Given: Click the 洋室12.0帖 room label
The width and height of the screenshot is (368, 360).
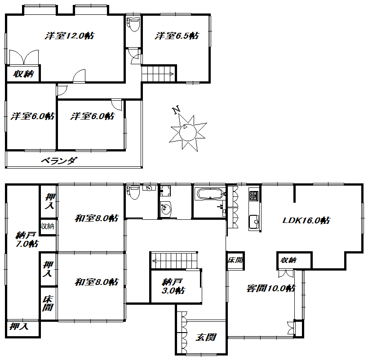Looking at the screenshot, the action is pyautogui.click(x=70, y=36).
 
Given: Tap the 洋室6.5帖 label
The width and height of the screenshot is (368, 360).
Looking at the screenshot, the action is pyautogui.click(x=177, y=36).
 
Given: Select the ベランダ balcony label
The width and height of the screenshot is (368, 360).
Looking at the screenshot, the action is pyautogui.click(x=59, y=161).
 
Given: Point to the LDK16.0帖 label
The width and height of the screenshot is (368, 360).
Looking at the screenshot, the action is pyautogui.click(x=306, y=220).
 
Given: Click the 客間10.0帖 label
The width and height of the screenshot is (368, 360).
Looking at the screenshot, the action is pyautogui.click(x=270, y=288).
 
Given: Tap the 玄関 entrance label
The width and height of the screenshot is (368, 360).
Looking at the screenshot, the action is pyautogui.click(x=206, y=337).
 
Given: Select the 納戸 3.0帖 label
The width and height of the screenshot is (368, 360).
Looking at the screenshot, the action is pyautogui.click(x=173, y=286).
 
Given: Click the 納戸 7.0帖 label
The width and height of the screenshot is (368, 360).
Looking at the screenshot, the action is pyautogui.click(x=27, y=240).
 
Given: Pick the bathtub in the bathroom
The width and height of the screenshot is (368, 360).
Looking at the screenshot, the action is pyautogui.click(x=210, y=194).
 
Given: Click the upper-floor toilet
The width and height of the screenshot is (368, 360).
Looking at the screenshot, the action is pyautogui.click(x=133, y=24).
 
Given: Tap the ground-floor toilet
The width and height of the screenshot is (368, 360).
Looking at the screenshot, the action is pyautogui.click(x=133, y=192).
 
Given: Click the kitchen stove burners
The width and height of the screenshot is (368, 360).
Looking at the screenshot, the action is pyautogui.click(x=254, y=196).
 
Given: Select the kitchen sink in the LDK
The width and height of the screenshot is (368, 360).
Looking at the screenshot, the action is pyautogui.click(x=254, y=222).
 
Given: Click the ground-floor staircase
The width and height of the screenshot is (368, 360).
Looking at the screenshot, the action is pyautogui.click(x=174, y=260).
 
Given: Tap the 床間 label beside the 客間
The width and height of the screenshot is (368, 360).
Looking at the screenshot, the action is pyautogui.click(x=235, y=260).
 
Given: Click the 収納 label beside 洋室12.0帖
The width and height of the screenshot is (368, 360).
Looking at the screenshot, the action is pyautogui.click(x=23, y=74).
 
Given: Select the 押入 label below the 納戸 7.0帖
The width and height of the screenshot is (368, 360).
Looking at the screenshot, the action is pyautogui.click(x=19, y=326).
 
